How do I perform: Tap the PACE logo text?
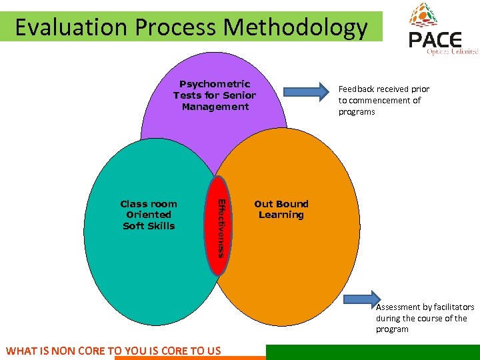[x=435, y=40]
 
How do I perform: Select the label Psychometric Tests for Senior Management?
[x=215, y=95]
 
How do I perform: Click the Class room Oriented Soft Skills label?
[x=149, y=215]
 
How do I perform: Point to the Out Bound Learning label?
[x=281, y=209]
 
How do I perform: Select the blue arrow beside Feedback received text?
[x=307, y=91]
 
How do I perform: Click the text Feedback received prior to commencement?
[x=383, y=100]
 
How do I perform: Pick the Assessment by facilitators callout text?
[x=425, y=318]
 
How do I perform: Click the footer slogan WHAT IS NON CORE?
[x=113, y=351]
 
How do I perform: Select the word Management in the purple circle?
[x=215, y=107]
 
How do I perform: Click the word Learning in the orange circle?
[x=281, y=215]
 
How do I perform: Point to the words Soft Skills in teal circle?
[x=149, y=226]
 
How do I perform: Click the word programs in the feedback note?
[x=357, y=112]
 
